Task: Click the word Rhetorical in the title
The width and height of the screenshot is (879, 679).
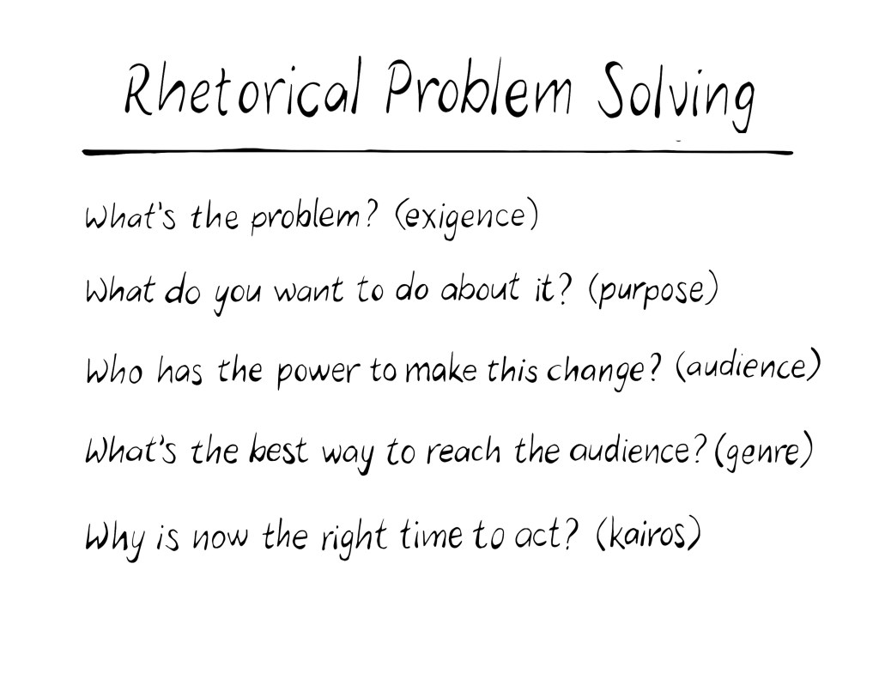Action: (x=241, y=88)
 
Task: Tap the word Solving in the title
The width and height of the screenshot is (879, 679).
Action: (x=676, y=95)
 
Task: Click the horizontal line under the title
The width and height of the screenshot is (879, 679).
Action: (x=438, y=151)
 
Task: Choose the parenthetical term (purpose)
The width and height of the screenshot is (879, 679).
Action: (x=653, y=291)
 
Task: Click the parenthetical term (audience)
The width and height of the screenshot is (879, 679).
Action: (x=749, y=367)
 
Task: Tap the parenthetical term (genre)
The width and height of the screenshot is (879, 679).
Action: (x=763, y=452)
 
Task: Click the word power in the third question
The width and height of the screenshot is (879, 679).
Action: (x=318, y=372)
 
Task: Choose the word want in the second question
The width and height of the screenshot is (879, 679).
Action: (x=308, y=293)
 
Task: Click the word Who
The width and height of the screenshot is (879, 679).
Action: (x=114, y=371)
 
